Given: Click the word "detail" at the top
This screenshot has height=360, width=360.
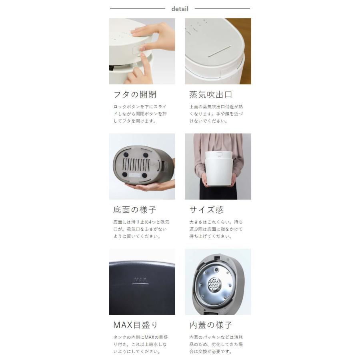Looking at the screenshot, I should pos(180,9).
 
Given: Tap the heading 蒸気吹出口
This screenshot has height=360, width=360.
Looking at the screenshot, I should pos(210,95).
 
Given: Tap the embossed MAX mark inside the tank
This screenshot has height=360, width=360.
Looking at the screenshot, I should pos(141,280).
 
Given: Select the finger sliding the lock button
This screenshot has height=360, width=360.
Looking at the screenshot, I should pos(138,72).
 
